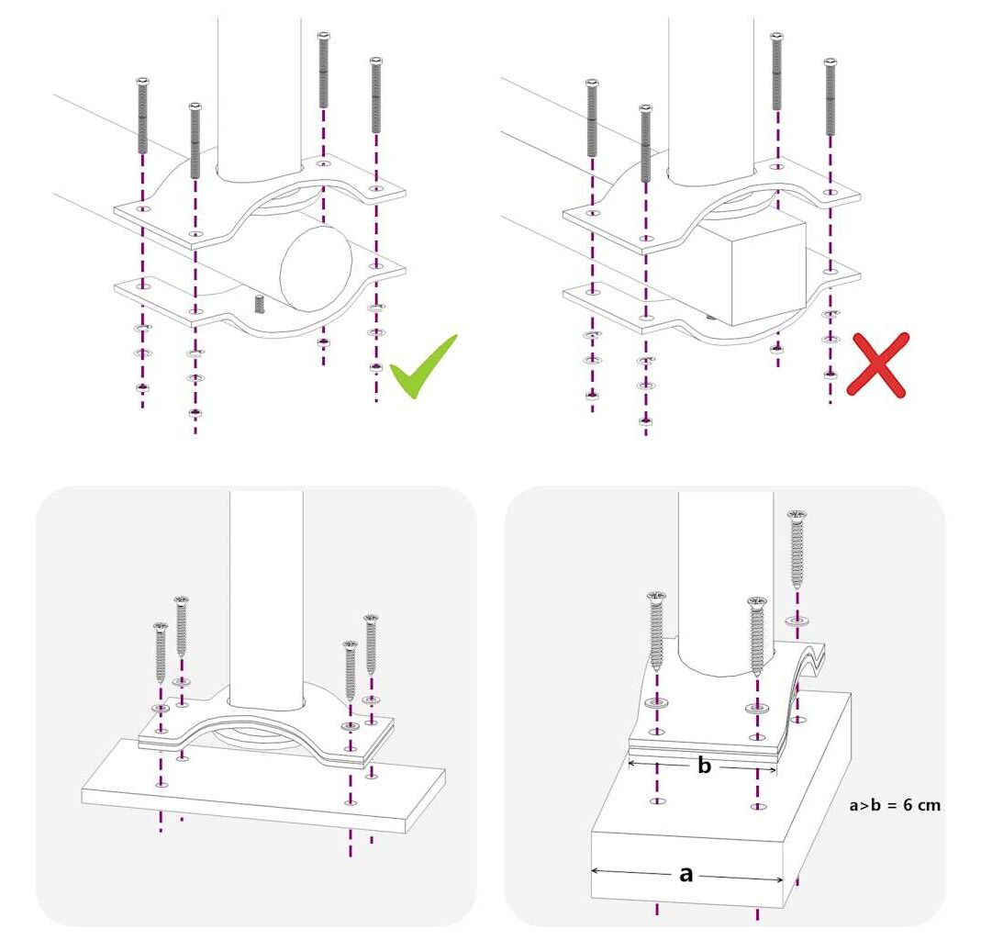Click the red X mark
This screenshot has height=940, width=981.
coord(877,364)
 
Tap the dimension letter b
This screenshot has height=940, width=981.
coord(705,766)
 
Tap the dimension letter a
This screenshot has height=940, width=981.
coord(686,874)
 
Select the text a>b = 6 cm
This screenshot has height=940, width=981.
coord(895,805)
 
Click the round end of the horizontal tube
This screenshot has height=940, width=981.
coord(316,268)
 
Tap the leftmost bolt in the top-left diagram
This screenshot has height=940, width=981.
coord(142,116)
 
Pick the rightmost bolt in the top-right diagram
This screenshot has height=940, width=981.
coord(831,97)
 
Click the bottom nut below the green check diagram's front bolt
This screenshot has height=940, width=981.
coord(195,413)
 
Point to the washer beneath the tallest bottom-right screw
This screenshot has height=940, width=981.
coord(797,621)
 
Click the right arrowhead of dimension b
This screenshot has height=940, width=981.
coord(773,769)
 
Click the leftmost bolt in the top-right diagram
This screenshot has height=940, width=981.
coord(592,117)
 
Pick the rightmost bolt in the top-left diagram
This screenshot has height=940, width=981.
coord(376,95)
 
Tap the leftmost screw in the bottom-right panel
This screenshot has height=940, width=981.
coord(656,631)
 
